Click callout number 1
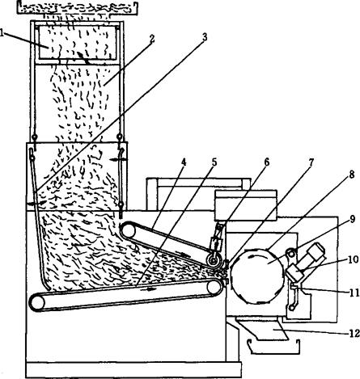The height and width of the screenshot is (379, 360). (2, 33)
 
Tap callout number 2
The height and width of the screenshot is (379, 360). (152, 39)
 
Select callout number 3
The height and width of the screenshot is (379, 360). (205, 37)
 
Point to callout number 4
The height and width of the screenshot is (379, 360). (184, 162)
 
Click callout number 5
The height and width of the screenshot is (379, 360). (214, 162)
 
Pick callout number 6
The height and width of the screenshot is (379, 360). (266, 162)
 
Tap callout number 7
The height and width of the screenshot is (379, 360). (311, 162)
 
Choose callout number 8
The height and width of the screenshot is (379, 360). (351, 175)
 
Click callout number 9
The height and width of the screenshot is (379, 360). (353, 220)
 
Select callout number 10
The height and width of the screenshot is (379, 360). (354, 259)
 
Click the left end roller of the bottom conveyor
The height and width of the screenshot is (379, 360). (37, 303)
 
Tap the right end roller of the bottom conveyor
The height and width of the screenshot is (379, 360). (214, 287)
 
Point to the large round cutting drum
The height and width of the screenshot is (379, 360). (257, 276)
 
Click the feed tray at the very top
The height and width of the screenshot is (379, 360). (78, 7)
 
